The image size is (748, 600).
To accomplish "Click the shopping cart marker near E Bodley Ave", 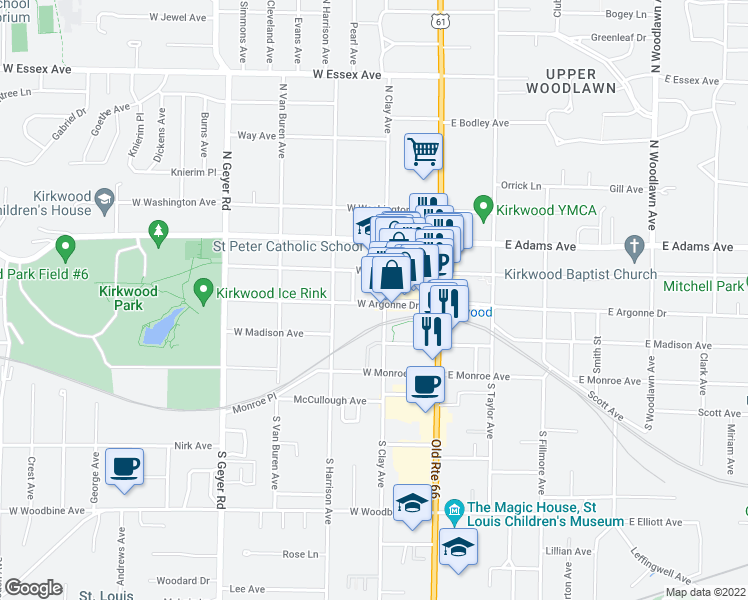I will tap(424, 153).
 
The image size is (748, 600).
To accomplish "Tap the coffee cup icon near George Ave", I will tap(125, 466).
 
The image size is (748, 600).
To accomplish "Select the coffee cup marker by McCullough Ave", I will tap(426, 385).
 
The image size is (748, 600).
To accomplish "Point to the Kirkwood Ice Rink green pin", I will tap(204, 291).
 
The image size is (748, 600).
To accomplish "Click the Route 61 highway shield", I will tap(440, 20).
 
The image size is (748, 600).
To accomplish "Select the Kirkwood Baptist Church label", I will tap(579, 274).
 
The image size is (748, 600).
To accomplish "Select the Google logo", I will tap(32, 588).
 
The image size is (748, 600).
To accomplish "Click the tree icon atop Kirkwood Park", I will tap(156, 233).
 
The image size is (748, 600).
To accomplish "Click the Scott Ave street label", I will tap(719, 412).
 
